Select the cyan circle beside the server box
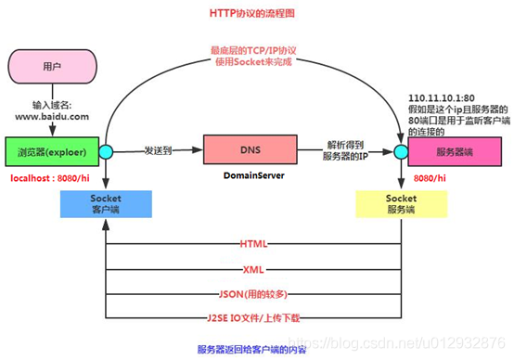click(401, 150)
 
